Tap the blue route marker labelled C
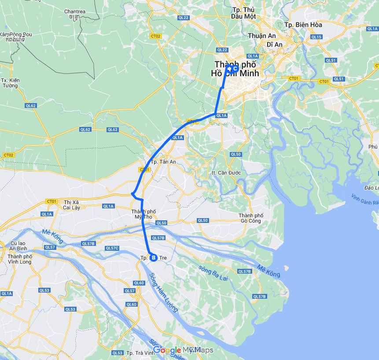pos(235,68)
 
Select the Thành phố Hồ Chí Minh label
pos(235,69)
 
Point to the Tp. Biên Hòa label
pos(303,25)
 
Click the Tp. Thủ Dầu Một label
pos(243,13)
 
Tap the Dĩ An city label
pos(274,45)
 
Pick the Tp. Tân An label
pos(163,162)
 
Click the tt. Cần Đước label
pos(226,173)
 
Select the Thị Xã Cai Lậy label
pos(71,204)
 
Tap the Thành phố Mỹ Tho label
pos(144,215)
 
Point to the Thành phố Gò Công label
pos(251,218)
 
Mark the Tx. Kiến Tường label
pos(10,83)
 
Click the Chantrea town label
pos(74,14)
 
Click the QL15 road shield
pos(316,37)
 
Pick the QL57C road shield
pos(112,248)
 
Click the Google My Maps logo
pos(183,350)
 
